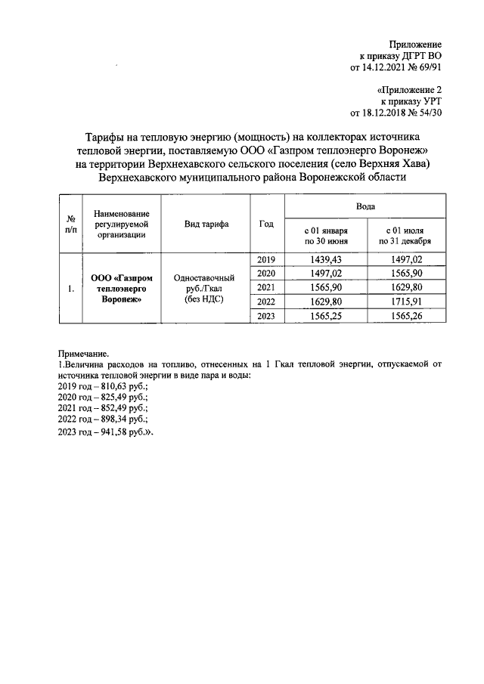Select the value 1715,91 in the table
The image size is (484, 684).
coord(406,302)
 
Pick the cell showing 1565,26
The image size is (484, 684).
coord(406,316)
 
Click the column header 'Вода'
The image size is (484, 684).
coord(365,206)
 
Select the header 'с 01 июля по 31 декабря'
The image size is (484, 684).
coord(406,236)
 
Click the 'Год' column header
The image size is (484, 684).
coord(266,224)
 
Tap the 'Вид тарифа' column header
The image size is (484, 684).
coord(206,224)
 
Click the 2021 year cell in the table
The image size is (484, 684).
coord(266,287)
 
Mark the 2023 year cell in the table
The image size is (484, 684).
coord(266,316)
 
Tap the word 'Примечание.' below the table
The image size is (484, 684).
coord(84,353)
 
